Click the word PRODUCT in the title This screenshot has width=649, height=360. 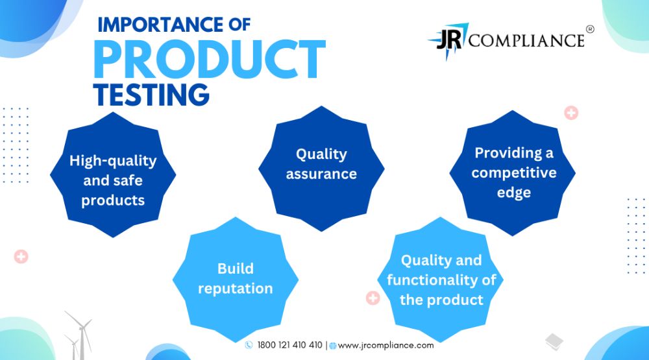tap(210, 60)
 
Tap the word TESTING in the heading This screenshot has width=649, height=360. tap(151, 94)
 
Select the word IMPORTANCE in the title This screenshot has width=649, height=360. tap(160, 25)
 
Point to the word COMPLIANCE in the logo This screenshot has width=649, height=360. tap(526, 40)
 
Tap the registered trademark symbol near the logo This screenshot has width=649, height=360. tap(590, 29)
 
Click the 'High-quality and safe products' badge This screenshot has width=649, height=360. tap(113, 174)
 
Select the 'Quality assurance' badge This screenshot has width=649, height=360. tap(322, 169)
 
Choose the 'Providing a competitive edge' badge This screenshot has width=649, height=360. tap(513, 173)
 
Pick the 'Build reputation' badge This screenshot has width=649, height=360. tap(236, 280)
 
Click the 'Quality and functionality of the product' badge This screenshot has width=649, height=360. tap(441, 280)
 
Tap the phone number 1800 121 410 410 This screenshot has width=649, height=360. tap(289, 345)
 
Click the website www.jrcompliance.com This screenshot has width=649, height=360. tap(386, 346)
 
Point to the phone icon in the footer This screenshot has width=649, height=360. tap(249, 345)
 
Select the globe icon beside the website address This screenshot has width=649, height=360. tap(333, 346)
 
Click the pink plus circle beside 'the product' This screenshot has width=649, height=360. tap(373, 298)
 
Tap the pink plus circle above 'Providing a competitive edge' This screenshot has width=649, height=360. tap(571, 113)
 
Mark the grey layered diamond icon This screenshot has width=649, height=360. tap(554, 342)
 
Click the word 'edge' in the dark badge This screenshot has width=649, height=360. tap(513, 193)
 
